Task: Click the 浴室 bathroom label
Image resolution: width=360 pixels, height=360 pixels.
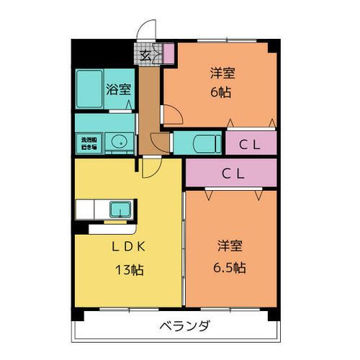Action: (119, 89)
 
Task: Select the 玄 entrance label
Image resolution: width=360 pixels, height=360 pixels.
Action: (145, 55)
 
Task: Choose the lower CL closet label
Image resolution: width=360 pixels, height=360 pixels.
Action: (231, 173)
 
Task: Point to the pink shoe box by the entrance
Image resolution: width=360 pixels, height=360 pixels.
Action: (168, 53)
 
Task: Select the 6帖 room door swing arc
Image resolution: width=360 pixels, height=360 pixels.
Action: (172, 114)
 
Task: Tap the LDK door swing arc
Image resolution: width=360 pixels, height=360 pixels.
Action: (149, 168)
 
